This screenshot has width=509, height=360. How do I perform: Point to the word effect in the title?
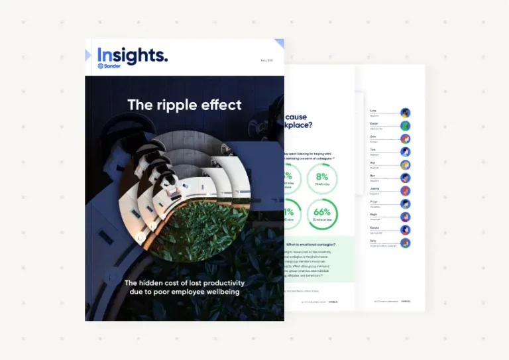pyautogui.click(x=222, y=105)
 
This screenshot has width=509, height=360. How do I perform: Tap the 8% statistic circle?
pyautogui.click(x=322, y=179)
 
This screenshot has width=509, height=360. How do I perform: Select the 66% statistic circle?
pyautogui.click(x=322, y=215)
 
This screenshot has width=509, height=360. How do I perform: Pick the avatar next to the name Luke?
pyautogui.click(x=405, y=113)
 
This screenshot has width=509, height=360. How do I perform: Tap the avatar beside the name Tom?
pyautogui.click(x=405, y=152)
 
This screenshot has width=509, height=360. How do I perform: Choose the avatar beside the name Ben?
pyautogui.click(x=405, y=178)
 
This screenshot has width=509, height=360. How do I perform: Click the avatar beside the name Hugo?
pyautogui.click(x=405, y=217)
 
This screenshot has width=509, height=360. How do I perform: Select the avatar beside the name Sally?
pyautogui.click(x=405, y=243)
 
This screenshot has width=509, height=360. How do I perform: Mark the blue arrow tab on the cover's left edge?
pyautogui.click(x=88, y=56)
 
